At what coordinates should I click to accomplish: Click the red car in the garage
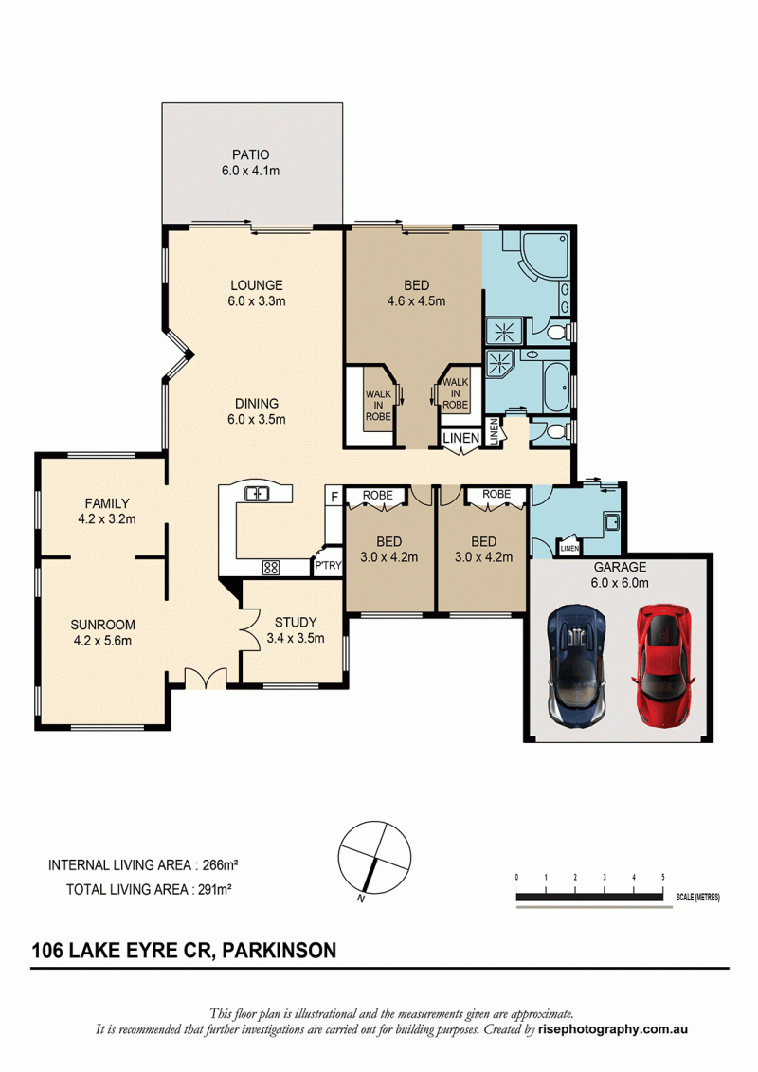(662, 664)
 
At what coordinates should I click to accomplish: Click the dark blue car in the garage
(576, 664)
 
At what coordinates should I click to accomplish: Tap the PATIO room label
(250, 155)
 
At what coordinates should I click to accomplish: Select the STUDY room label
(296, 622)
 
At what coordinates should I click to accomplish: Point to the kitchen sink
(257, 492)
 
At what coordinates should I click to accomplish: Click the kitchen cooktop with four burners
(271, 567)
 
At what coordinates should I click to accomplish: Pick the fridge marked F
(334, 497)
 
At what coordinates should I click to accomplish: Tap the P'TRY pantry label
(328, 566)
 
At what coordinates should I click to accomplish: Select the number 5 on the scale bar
(663, 877)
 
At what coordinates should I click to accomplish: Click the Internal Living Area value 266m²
(220, 864)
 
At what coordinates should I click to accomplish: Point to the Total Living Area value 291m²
(211, 889)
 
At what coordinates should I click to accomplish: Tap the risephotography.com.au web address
(613, 1029)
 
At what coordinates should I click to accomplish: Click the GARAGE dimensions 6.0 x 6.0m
(620, 583)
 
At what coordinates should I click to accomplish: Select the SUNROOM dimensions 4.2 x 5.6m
(102, 641)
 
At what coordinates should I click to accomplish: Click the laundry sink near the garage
(612, 521)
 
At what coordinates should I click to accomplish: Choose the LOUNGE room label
(257, 285)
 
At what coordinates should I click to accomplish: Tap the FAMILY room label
(107, 503)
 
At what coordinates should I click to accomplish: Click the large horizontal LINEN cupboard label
(461, 438)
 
